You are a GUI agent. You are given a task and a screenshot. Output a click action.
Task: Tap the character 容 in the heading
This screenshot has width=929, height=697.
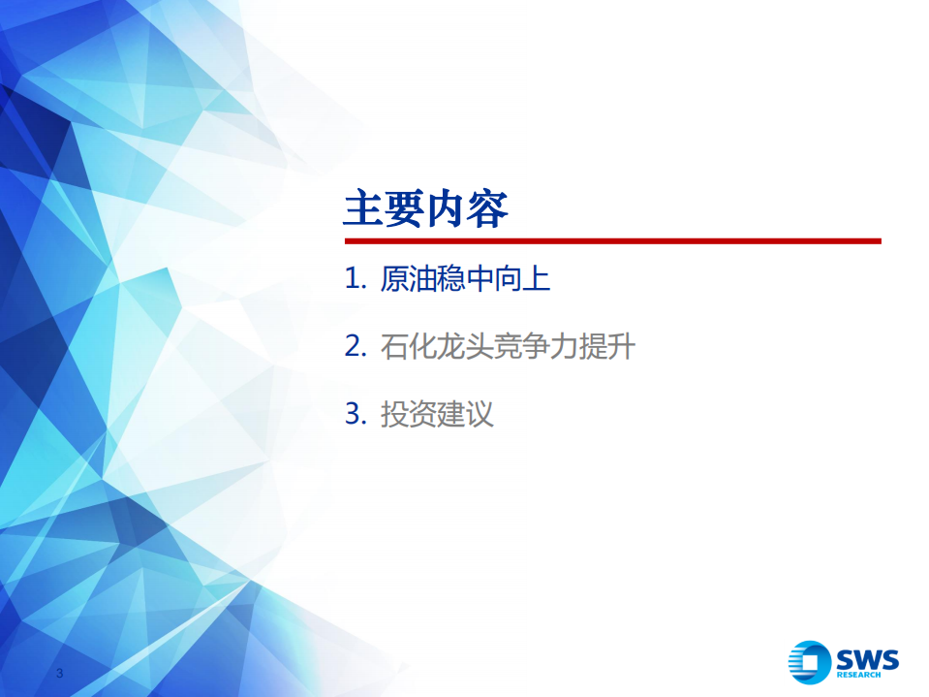pos(488,209)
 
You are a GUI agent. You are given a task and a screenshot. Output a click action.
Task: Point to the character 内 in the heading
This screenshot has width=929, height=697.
pos(447,209)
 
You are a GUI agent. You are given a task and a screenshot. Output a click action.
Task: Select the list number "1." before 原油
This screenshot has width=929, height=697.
pos(356,281)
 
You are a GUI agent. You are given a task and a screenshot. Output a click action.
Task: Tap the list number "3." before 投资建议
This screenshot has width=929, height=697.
pos(356,415)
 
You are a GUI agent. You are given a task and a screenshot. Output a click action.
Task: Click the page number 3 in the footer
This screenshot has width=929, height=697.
pos(60,674)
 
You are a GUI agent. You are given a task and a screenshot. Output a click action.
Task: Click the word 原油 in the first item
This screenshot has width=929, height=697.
pos(409,281)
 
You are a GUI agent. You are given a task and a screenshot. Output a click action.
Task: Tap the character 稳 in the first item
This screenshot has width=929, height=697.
pos(451,281)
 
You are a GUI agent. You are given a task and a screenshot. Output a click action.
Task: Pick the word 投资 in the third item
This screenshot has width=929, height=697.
pos(409,415)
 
